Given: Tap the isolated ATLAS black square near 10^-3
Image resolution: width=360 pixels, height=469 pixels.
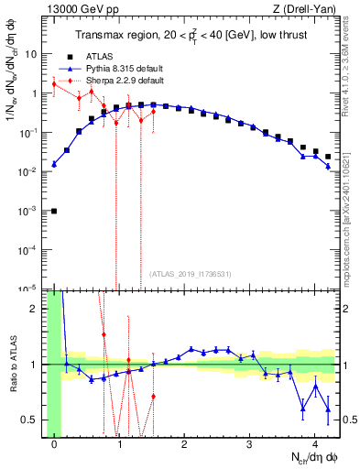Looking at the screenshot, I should [54, 211].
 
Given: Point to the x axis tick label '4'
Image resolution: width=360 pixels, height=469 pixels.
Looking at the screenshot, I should [314, 446].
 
